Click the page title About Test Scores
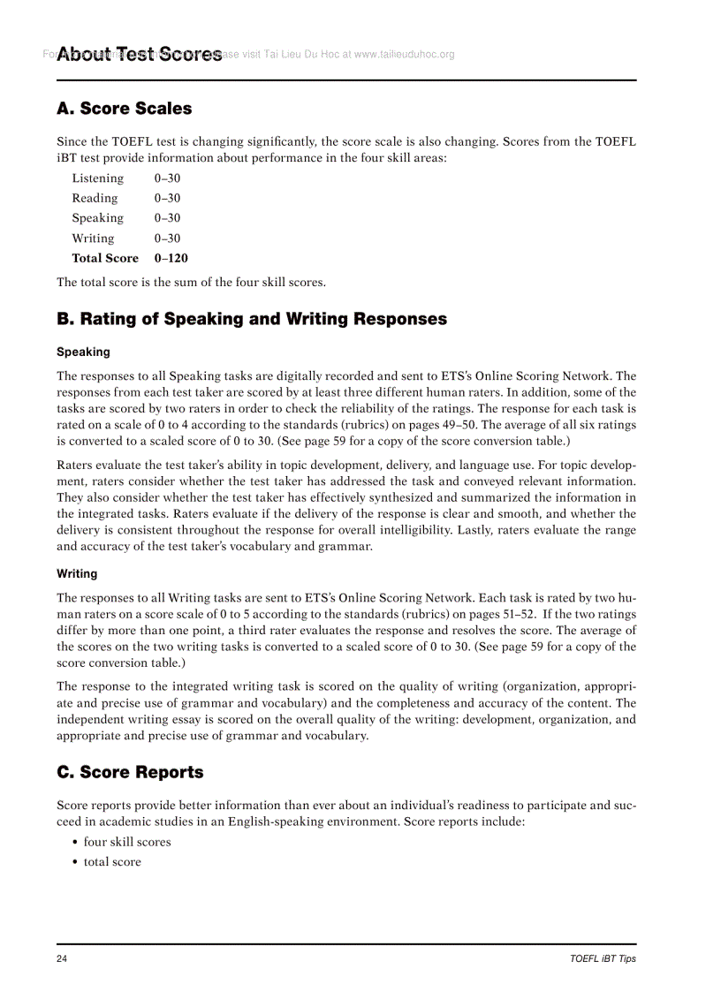coord(140,55)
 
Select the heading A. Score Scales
coord(124,109)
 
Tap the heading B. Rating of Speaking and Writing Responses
coord(252,319)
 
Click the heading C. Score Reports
coord(130,772)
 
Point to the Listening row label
coord(97,178)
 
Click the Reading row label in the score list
coord(95,199)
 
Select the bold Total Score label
coord(105,259)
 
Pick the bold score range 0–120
coord(171,259)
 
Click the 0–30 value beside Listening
coord(167,178)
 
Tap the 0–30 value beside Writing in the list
coord(167,239)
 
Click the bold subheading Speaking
coord(83,352)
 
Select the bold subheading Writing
coord(77,573)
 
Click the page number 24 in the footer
coord(63,958)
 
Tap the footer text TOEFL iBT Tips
coord(603,958)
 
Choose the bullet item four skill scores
coord(127,842)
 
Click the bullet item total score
coord(112,862)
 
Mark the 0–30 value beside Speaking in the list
coord(167,218)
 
